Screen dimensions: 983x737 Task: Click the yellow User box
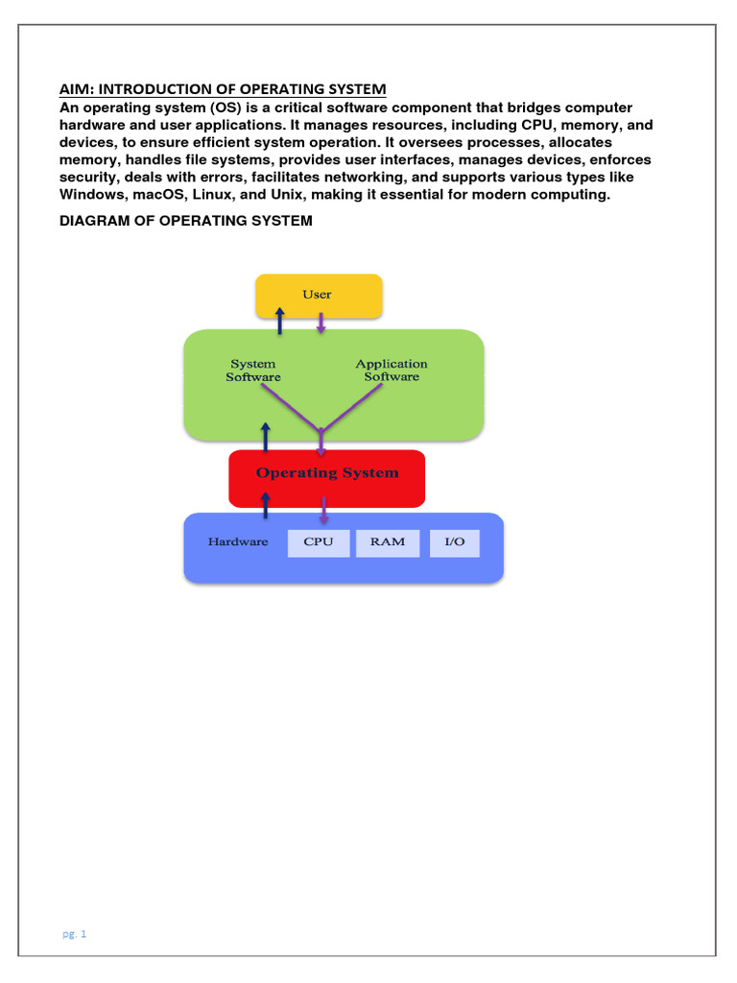click(319, 295)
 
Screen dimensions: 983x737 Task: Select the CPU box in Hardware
click(319, 542)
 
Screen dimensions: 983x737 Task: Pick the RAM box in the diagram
click(387, 542)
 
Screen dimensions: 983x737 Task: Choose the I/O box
click(454, 542)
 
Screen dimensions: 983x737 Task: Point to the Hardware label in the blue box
click(238, 542)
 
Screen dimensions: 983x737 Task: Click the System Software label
click(253, 371)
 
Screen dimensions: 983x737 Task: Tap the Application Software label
click(392, 371)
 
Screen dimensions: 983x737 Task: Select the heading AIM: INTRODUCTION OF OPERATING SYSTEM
click(223, 89)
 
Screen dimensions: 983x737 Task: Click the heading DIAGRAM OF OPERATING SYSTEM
click(186, 221)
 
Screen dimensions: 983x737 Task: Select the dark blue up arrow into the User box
click(279, 322)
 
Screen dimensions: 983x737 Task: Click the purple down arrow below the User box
click(321, 324)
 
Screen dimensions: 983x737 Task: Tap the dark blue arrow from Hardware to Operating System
click(266, 503)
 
